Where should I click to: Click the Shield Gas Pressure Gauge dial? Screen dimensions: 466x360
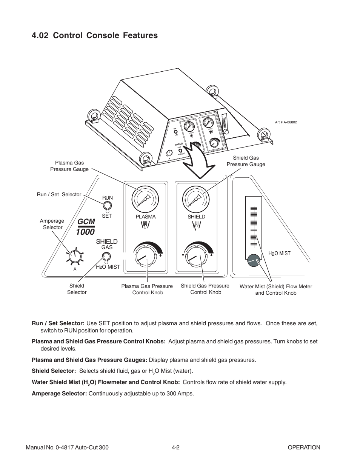point(196,199)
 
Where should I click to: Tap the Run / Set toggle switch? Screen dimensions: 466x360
point(107,206)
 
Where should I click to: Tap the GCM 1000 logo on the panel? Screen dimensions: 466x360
point(85,227)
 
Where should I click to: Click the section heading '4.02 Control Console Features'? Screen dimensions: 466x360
point(95,35)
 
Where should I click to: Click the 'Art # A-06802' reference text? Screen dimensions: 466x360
point(286,122)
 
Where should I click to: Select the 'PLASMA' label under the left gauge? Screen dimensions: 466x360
point(145,217)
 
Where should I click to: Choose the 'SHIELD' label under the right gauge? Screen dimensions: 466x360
point(196,217)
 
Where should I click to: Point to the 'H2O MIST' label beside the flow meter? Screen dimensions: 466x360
point(279,254)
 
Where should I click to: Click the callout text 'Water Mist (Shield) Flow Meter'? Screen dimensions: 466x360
point(275,286)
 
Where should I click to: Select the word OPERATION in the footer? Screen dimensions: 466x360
point(303,448)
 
